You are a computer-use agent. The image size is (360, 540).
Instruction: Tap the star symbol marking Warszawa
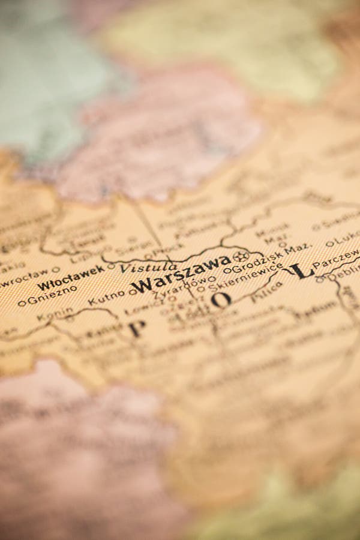[x=240, y=256]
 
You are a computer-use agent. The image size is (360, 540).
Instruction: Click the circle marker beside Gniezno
[x=22, y=304]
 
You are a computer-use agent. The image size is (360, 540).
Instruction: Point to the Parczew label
[x=336, y=258]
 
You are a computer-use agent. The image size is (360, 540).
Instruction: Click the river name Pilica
[x=266, y=292]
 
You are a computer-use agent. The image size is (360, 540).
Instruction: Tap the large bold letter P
[x=137, y=328]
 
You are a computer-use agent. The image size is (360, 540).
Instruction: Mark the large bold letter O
[x=221, y=300]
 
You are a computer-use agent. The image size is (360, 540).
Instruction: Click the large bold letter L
[x=301, y=271]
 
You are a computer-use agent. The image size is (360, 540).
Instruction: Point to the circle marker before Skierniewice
[x=202, y=289]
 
